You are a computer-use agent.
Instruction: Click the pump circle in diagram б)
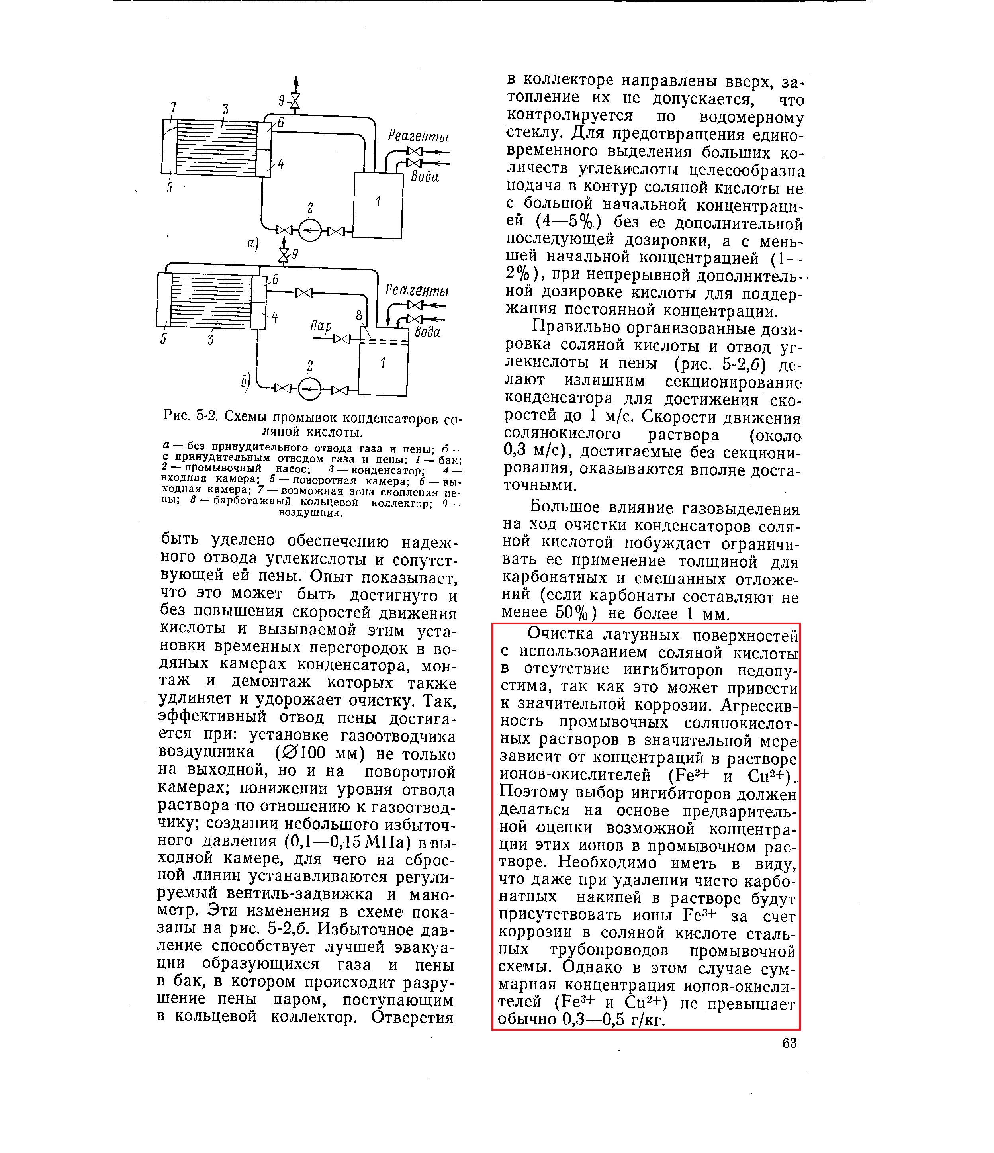coord(310,390)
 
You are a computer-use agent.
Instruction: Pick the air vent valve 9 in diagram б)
coord(284,255)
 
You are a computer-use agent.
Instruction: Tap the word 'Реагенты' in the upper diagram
coord(418,135)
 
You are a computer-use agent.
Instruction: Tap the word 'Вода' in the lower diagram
coord(427,332)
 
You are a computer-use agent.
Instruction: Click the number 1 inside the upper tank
coord(378,202)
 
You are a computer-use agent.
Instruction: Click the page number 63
coord(790,1043)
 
